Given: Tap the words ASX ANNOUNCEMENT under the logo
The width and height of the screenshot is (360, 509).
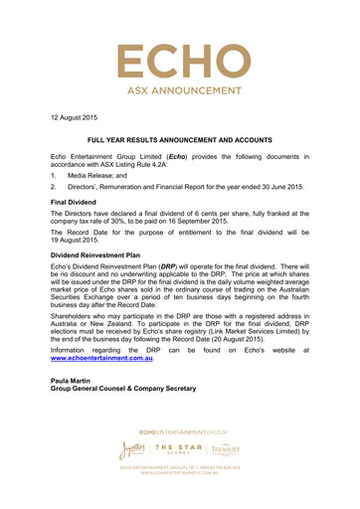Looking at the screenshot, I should pos(179,101).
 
